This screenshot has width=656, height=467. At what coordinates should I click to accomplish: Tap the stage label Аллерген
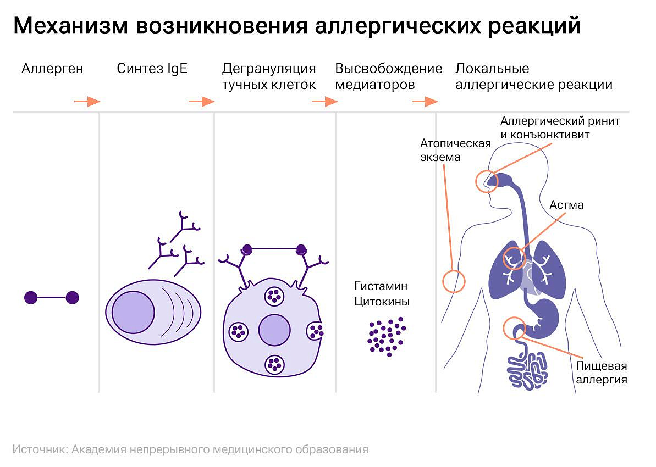tap(52, 69)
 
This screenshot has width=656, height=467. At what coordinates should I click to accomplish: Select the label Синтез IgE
tap(152, 69)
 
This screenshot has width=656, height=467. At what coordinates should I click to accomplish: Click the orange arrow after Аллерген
tap(87, 101)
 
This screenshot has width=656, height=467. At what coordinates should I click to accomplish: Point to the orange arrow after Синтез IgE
tap(201, 101)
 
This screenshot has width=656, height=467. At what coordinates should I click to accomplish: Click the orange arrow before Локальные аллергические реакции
tap(424, 101)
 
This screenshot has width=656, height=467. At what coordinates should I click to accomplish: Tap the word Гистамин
tap(381, 286)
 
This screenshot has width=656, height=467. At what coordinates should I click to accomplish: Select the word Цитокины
tap(382, 302)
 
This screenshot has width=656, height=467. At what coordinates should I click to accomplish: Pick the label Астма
tap(566, 205)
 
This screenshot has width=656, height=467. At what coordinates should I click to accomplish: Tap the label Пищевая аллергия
tap(601, 373)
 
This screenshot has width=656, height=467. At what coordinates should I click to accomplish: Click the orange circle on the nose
tap(486, 181)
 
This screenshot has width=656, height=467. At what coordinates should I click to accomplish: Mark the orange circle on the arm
tap(454, 281)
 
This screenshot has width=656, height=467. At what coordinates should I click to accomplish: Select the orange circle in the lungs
tap(515, 258)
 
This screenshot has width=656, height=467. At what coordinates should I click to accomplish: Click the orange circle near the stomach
tap(515, 327)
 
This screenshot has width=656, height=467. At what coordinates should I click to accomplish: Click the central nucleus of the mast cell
tap(274, 330)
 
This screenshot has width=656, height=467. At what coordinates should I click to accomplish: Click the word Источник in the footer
tap(38, 449)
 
